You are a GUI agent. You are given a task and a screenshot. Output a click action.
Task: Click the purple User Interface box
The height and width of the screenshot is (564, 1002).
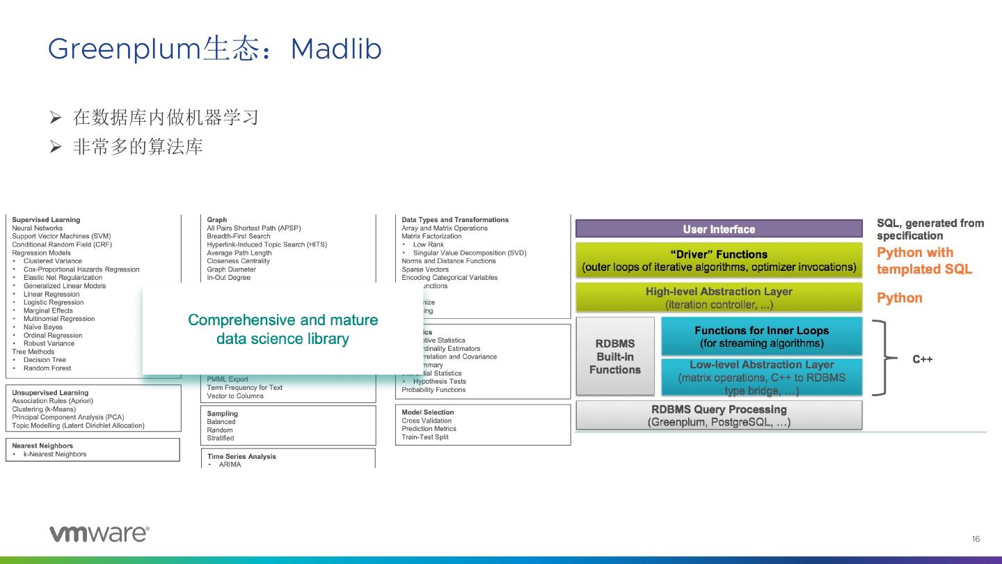718,229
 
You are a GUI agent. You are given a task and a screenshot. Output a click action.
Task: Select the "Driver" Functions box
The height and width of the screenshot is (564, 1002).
718,260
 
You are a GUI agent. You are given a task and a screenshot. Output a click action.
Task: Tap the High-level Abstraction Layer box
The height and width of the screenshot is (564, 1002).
718,298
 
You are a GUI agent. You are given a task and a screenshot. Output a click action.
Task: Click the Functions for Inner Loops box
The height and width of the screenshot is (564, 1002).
761,337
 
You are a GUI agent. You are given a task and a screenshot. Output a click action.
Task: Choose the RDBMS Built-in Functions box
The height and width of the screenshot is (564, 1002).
615,357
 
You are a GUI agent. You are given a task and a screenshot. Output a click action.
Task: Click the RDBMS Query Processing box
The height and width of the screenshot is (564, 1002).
718,416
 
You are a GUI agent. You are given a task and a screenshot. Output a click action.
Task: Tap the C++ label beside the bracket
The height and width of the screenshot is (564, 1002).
922,359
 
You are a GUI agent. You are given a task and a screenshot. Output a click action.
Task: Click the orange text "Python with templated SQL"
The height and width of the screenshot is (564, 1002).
924,261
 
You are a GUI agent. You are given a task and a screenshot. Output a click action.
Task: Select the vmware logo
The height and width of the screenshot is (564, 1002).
99,534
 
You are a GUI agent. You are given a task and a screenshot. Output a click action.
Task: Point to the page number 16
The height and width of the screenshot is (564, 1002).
976,539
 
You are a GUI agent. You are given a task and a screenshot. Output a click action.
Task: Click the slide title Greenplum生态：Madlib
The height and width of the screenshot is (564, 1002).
214,49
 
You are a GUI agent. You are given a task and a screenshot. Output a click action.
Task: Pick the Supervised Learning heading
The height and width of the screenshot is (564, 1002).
46,220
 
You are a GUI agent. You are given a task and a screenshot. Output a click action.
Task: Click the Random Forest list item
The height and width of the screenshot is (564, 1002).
47,368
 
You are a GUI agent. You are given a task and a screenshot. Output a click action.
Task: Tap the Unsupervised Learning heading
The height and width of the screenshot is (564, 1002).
50,393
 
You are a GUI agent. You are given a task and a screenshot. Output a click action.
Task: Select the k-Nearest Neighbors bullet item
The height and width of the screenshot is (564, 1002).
55,454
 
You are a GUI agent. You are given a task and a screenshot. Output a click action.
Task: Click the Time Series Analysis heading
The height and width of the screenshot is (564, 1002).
241,457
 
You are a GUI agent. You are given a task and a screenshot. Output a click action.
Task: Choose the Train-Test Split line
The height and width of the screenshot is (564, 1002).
425,437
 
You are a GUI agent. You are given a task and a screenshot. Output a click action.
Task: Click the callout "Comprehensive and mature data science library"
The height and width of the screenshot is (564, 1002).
283,329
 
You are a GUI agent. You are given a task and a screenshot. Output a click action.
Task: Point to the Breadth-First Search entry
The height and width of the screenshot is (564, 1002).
239,236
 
